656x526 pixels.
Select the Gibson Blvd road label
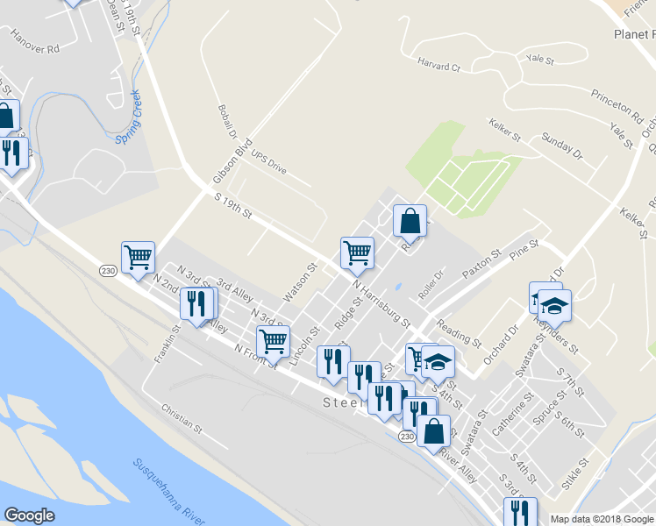point(232,161)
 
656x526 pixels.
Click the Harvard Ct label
point(439,67)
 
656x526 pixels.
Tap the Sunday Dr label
point(561,146)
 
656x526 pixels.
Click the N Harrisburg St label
point(381,303)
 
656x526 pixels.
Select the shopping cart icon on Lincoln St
point(274,340)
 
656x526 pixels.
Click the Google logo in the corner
point(30,515)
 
